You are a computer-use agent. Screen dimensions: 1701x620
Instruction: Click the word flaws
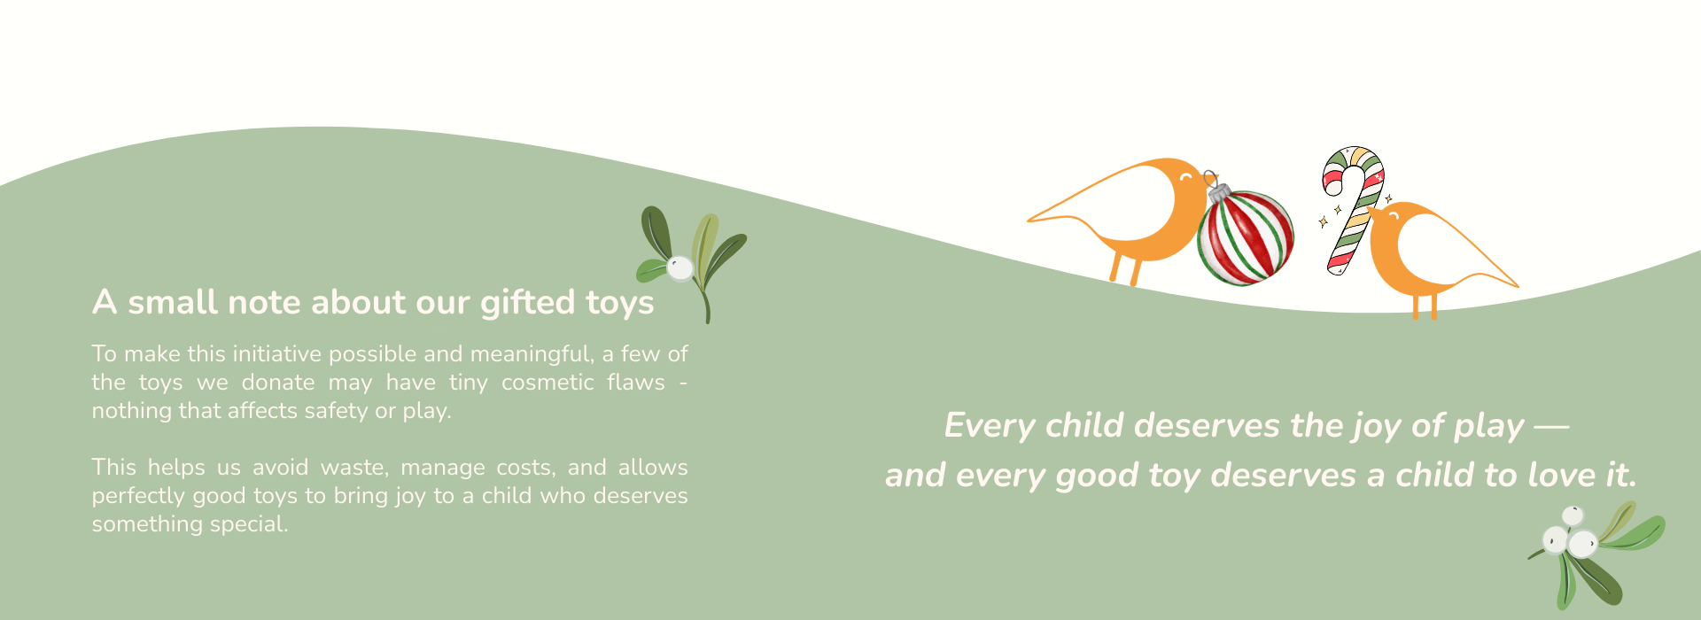[636, 382]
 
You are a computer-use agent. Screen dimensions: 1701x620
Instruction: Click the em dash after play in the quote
[1551, 427]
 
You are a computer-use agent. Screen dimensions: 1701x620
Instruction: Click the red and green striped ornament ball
[1246, 237]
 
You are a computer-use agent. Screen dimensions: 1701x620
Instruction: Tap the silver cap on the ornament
[1217, 191]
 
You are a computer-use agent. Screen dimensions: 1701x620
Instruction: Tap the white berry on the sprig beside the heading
[680, 268]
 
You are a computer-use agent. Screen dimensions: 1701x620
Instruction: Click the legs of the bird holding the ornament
[1125, 269]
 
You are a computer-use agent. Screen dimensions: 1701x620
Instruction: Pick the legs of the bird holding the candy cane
[1425, 306]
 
